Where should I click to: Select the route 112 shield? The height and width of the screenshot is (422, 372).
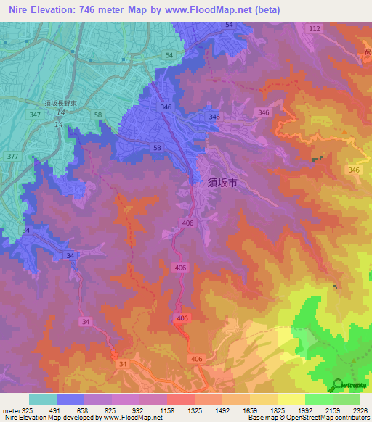click(x=314, y=28)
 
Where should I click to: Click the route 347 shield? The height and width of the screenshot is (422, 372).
click(x=36, y=115)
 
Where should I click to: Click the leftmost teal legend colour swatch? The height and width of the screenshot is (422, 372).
click(x=43, y=399)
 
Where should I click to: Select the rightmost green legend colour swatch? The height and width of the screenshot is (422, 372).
click(x=347, y=399)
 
